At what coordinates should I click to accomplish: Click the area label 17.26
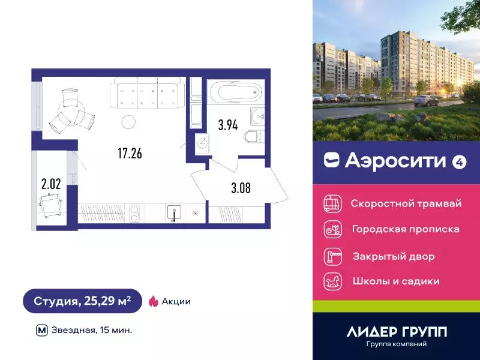pyautogui.click(x=130, y=154)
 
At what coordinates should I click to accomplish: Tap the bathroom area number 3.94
pyautogui.click(x=227, y=125)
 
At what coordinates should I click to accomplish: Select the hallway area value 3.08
pyautogui.click(x=241, y=187)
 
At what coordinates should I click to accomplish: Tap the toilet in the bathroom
pyautogui.click(x=253, y=136)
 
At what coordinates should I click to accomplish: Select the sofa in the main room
pyautogui.click(x=146, y=94)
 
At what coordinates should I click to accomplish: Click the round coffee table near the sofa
pyautogui.click(x=128, y=122)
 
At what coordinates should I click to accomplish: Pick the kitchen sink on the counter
pyautogui.click(x=174, y=213)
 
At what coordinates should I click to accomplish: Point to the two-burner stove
pyautogui.click(x=134, y=214)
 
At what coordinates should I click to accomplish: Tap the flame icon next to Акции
pyautogui.click(x=153, y=301)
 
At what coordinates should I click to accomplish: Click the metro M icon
pyautogui.click(x=41, y=329)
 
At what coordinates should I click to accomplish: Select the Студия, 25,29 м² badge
pyautogui.click(x=82, y=301)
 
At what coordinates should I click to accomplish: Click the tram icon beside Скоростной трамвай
pyautogui.click(x=332, y=203)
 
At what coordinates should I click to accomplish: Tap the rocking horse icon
pyautogui.click(x=332, y=280)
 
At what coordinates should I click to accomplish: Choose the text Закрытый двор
pyautogui.click(x=394, y=256)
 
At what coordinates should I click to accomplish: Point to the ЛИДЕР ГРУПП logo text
pyautogui.click(x=397, y=331)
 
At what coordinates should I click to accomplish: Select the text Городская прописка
pyautogui.click(x=406, y=229)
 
